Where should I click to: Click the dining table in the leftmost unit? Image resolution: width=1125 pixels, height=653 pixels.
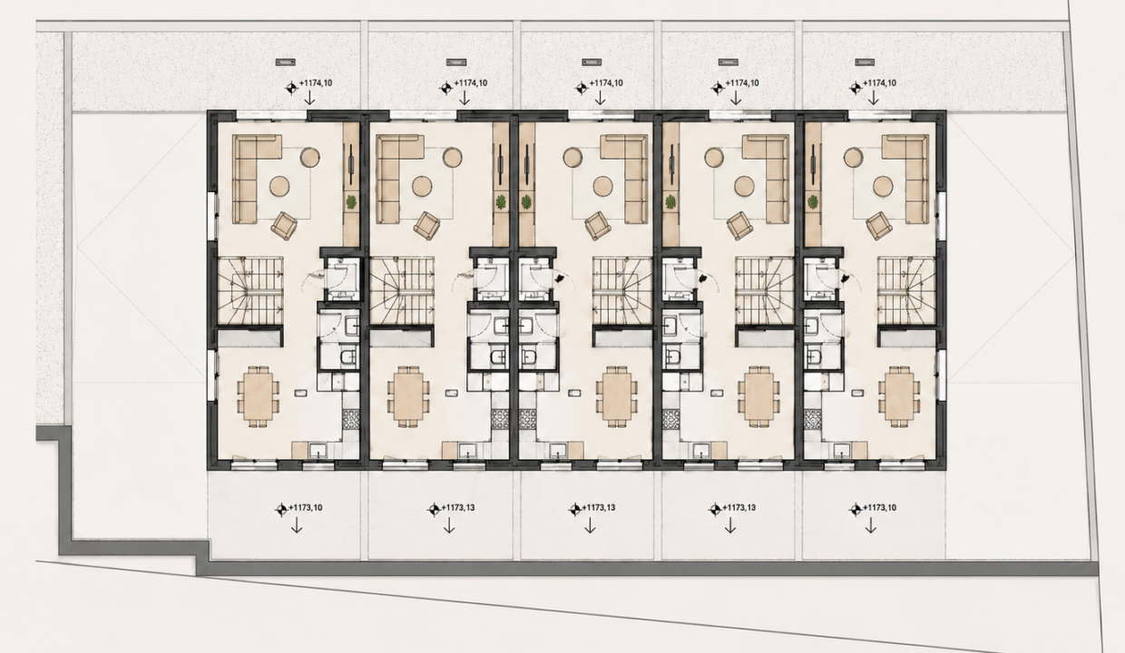click(259, 396)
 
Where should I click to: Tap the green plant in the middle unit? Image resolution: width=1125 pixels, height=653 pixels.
click(526, 202)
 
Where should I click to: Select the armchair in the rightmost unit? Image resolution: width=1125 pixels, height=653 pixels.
click(879, 225)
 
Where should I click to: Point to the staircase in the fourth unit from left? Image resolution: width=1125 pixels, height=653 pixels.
click(765, 290)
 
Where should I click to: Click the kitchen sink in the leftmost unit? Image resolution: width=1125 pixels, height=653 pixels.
click(318, 450)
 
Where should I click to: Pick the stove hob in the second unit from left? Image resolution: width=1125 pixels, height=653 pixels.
click(500, 420)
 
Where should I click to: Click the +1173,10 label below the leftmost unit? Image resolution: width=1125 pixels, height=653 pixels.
click(306, 508)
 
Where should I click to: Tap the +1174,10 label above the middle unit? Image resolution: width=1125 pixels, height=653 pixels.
click(606, 83)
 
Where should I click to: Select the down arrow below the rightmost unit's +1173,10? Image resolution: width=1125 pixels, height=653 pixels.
click(870, 525)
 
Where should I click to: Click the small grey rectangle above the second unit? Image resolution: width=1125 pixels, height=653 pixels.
click(456, 63)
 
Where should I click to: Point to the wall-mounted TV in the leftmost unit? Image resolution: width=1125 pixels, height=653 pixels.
click(350, 163)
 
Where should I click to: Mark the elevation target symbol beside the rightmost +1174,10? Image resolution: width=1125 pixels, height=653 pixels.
click(856, 88)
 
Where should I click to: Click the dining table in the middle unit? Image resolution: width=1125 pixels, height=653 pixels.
click(617, 396)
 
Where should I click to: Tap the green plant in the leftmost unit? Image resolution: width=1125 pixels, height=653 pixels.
click(351, 202)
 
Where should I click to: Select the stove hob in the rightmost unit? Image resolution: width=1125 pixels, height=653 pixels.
click(813, 420)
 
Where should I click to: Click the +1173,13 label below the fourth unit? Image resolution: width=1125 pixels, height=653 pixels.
click(739, 508)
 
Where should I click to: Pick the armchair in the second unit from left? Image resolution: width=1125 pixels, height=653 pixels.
click(427, 225)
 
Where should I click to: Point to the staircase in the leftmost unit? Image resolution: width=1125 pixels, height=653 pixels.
click(250, 290)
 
